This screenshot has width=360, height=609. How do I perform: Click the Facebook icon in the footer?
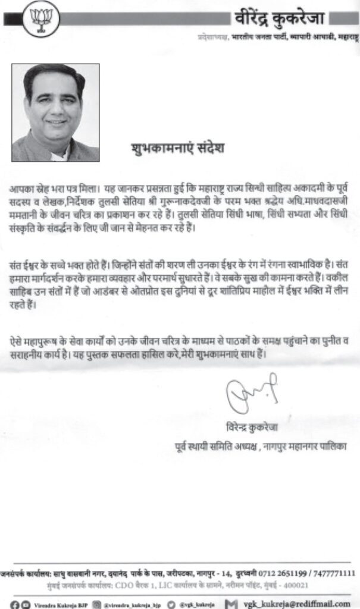pos(7,602)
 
